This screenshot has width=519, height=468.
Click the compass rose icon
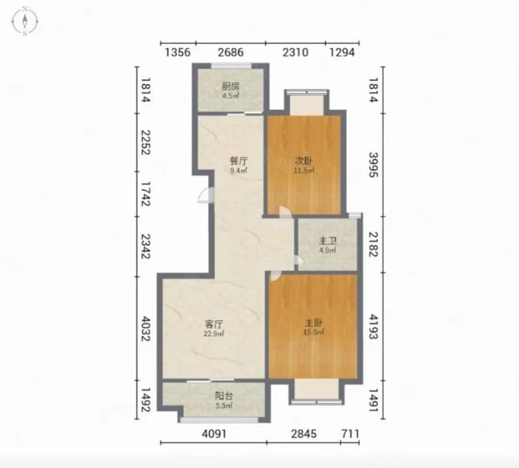[x=25, y=22]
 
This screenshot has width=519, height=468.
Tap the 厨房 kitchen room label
[x=230, y=87]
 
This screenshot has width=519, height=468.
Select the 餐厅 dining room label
[x=239, y=161]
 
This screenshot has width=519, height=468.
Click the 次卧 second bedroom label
[x=304, y=161]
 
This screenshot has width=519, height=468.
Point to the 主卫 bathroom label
[x=328, y=240]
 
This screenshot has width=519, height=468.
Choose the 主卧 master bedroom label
[x=313, y=322]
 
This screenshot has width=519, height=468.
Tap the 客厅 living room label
[x=213, y=324]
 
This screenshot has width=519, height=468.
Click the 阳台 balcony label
[x=224, y=396]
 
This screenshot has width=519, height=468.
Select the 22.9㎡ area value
[x=214, y=334]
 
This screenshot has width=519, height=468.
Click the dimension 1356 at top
[x=178, y=52]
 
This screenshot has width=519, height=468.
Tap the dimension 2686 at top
[x=231, y=52]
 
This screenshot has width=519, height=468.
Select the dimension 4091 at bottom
[x=214, y=433]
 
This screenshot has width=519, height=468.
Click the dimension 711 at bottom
[x=350, y=433]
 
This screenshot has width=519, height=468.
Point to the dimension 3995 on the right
[x=374, y=164]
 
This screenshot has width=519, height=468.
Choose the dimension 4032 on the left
[x=145, y=329]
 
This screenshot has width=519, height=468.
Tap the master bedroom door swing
[x=275, y=276]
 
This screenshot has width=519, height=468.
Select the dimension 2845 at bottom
[x=304, y=433]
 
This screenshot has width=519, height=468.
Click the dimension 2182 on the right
[x=374, y=244]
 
